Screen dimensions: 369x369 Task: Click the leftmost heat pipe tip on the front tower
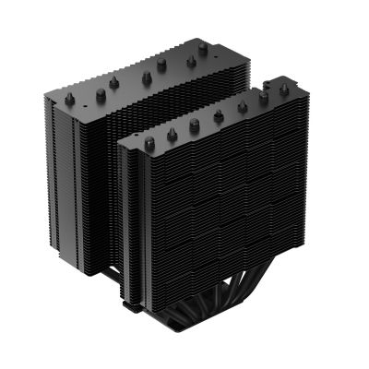[149, 144]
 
